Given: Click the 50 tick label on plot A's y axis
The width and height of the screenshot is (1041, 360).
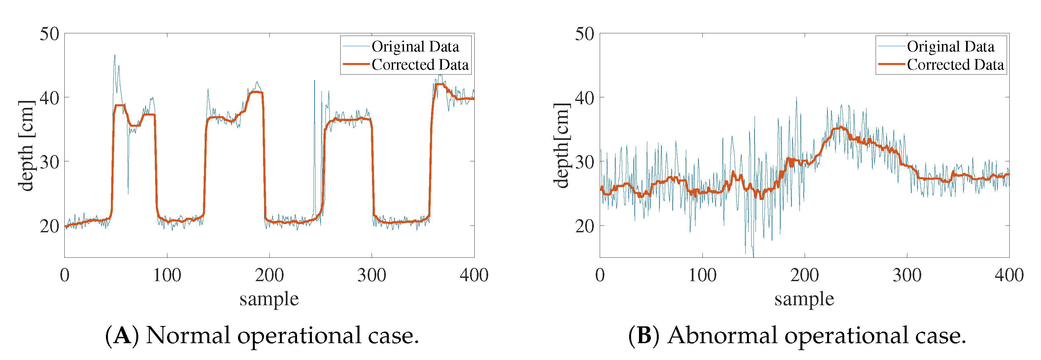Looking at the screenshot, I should point(49,34).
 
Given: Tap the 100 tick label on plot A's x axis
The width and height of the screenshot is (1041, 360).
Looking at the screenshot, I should point(167,276).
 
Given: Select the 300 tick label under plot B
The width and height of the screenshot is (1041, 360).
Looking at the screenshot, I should point(907,276).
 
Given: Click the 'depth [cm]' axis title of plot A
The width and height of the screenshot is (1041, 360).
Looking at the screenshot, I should point(26,146).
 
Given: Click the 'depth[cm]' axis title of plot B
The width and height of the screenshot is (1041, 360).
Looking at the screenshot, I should point(561,146).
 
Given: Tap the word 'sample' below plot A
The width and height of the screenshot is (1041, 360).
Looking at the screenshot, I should point(269,299).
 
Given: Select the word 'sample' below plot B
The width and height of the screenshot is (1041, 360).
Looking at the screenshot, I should point(804,299).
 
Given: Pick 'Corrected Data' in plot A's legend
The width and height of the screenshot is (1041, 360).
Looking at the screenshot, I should point(420,65).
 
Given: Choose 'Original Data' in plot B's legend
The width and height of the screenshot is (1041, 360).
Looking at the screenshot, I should point(951,47).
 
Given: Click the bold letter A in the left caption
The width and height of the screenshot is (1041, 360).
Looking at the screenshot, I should point(122,335).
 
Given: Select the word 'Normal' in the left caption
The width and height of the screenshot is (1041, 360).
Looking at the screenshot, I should point(187,335).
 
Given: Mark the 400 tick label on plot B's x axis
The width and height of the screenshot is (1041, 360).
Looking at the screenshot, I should point(1009,276).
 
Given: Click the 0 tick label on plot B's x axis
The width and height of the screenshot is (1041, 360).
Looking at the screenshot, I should point(600,276).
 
